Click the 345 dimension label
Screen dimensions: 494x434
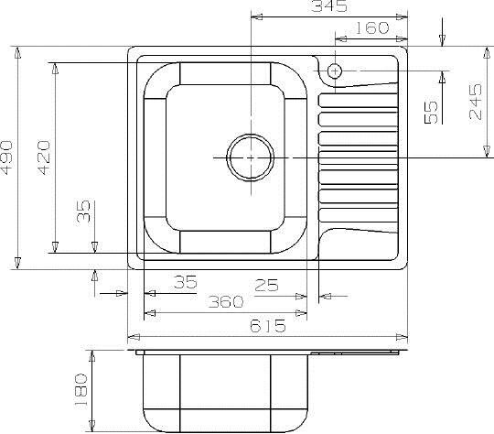pos(329,5)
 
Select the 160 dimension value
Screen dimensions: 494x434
pos(372,27)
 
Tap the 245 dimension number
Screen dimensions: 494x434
pos(476,102)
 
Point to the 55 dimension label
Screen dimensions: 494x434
pos(431,112)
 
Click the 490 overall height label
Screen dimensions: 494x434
pos(6,157)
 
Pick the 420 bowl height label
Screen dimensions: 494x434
pos(44,157)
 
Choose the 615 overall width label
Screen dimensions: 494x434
pos(268,326)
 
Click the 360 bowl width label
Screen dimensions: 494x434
pos(226,301)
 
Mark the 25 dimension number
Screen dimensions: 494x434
pos(266,285)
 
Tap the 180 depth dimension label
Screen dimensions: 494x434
pos(81,391)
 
